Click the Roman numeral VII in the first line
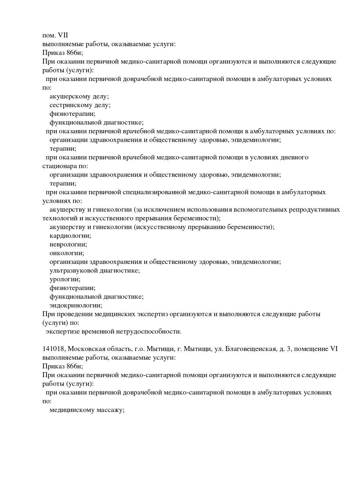point(63,35)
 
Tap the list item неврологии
point(68,244)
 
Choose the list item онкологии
point(67,253)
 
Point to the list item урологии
point(65,279)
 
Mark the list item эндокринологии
point(76,305)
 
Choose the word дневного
point(294,157)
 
